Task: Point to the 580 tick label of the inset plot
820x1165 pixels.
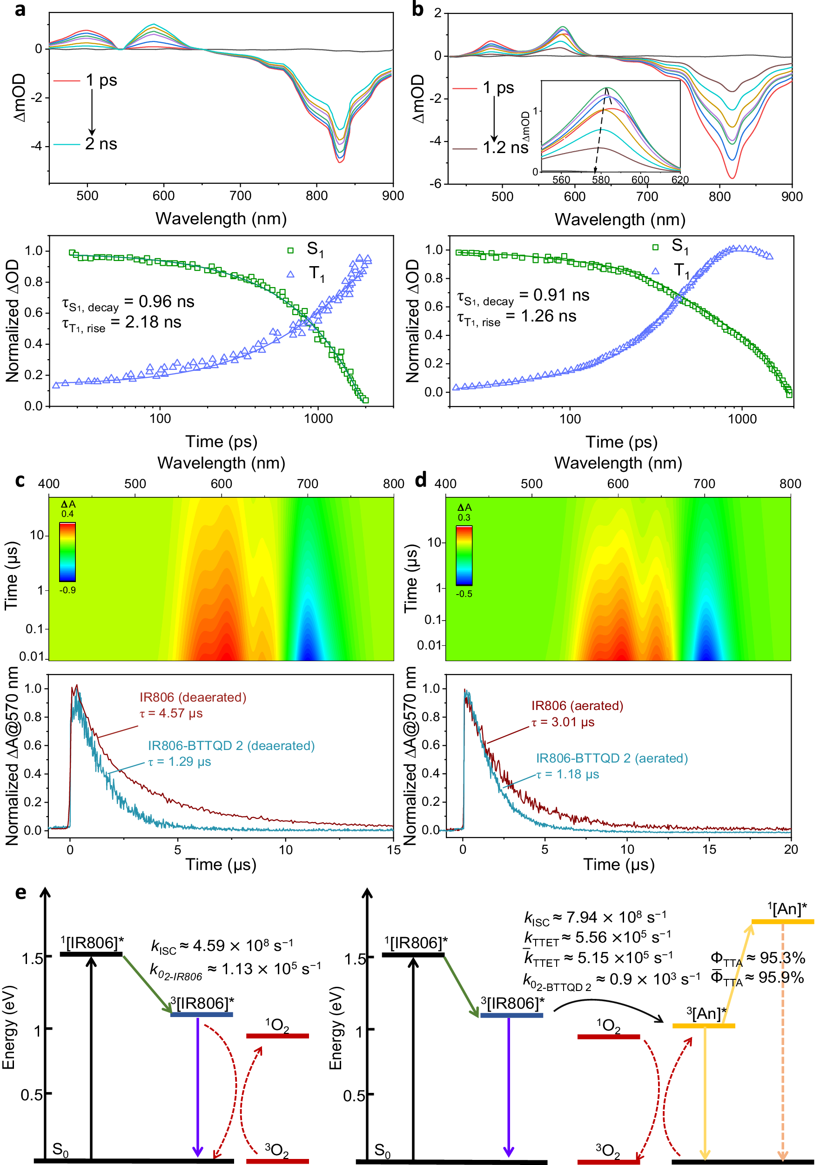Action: [601, 180]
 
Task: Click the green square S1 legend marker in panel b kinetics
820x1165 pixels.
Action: [655, 247]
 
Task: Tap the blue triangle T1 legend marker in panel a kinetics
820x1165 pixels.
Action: [290, 275]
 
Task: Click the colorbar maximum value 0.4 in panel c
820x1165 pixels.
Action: [67, 514]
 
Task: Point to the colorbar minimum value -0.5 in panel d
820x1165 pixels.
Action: [464, 594]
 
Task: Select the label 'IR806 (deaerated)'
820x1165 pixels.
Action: [193, 697]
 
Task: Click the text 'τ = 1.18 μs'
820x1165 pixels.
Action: [568, 774]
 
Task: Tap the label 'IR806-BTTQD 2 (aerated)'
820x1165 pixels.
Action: [612, 758]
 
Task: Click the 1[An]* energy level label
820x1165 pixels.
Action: [786, 909]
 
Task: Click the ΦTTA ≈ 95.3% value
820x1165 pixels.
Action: [757, 958]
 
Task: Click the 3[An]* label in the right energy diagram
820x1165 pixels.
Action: [706, 1014]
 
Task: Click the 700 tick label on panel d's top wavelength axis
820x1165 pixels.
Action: [704, 483]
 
